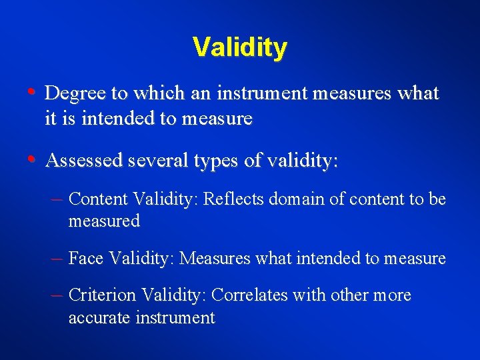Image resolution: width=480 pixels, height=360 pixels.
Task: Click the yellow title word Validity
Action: click(240, 48)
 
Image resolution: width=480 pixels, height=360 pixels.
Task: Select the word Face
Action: click(85, 258)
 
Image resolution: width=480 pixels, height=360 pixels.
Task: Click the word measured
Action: click(104, 221)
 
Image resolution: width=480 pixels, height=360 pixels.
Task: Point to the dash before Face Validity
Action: click(57, 258)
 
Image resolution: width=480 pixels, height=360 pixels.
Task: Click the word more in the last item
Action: click(393, 295)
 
